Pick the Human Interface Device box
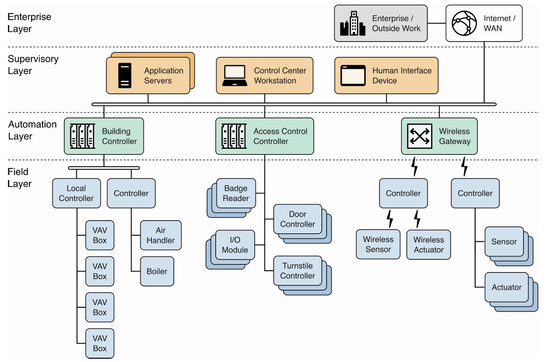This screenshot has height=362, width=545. coord(386,76)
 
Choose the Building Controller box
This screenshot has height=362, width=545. coord(103,136)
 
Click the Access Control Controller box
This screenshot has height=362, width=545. coord(264,136)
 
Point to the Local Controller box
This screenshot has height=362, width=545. coord(76,193)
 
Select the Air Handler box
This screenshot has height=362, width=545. coord(161,236)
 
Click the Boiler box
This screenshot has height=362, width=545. coord(157,271)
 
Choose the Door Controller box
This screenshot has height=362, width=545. coord(297,219)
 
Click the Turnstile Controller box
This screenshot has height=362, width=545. coord(297,271)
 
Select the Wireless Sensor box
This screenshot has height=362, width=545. coord(378,244)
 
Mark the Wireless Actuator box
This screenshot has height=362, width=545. coord(428,244)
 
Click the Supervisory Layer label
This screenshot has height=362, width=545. coord(26,65)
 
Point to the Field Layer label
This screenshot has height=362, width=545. coord(20,178)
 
